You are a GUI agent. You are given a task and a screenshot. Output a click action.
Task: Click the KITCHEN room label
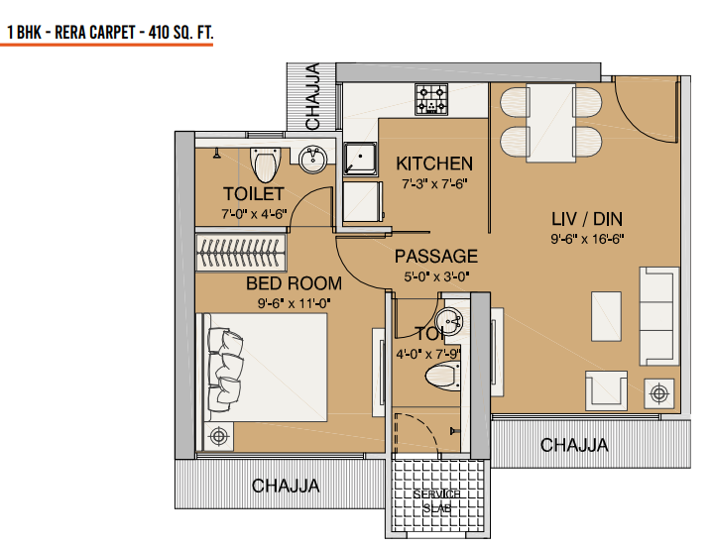click(x=434, y=164)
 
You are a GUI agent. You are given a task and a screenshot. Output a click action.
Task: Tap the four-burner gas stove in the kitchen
click(x=433, y=98)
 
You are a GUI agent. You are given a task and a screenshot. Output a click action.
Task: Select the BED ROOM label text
click(x=294, y=284)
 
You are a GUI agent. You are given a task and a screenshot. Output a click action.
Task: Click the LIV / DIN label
click(x=586, y=218)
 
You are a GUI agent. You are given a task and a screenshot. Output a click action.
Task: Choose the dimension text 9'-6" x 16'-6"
click(x=586, y=239)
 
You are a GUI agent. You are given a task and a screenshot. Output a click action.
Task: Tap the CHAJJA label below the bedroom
click(x=286, y=486)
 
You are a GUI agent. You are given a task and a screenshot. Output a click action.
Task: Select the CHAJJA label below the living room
click(x=574, y=445)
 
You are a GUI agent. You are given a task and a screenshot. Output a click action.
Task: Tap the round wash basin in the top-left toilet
click(x=312, y=160)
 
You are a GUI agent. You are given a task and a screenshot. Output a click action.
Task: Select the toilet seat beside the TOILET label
click(x=265, y=163)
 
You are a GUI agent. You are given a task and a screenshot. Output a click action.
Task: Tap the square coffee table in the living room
click(x=607, y=316)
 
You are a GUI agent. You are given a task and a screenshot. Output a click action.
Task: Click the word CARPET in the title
click(x=111, y=33)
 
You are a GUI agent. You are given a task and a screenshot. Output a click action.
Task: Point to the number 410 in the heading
click(x=156, y=33)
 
